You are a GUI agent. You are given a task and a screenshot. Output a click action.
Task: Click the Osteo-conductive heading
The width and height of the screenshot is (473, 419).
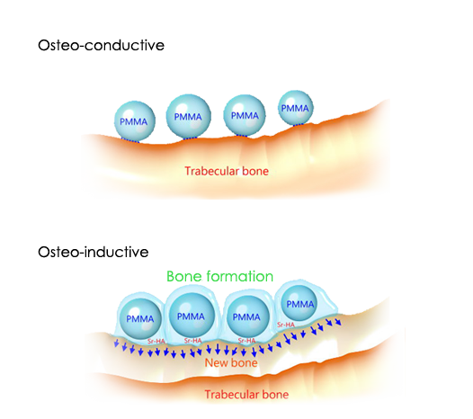coord(101,45)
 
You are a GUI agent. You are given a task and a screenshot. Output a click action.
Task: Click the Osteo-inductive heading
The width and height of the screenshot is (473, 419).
coord(94,252)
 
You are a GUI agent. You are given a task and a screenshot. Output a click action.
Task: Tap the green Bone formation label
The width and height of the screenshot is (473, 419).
coord(219,276)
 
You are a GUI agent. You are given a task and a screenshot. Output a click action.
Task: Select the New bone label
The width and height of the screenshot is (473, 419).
coord(231,362)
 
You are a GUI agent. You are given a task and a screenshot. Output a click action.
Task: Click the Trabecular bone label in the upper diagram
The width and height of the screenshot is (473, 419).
coord(227,171)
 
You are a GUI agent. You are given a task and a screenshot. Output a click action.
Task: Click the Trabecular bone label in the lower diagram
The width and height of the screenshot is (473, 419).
coord(246,394)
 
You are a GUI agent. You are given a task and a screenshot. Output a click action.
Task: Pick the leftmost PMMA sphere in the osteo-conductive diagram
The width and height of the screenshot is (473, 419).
coord(135,121)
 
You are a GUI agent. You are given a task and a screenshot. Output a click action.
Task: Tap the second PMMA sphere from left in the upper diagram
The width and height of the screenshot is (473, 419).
coord(189,116)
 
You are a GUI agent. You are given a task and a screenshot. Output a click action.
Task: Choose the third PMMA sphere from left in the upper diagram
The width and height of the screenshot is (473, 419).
coord(245,115)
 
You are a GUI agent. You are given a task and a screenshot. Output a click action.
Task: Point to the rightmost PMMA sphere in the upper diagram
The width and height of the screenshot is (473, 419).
coord(296,108)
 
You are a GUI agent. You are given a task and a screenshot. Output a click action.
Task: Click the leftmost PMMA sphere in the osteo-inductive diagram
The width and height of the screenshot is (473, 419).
coord(140,318)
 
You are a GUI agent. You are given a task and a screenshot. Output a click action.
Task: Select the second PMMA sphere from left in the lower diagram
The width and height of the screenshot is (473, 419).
coord(191,316)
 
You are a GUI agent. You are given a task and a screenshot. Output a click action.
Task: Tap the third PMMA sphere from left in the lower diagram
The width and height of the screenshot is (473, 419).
coord(246,316)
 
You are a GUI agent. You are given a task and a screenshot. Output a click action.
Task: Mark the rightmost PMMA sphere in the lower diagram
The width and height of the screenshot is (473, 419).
coord(299,304)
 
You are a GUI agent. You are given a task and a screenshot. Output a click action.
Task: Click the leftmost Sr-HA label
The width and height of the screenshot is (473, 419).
coord(156,341)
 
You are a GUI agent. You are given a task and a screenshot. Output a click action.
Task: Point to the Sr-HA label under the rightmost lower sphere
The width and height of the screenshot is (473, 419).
coord(286,325)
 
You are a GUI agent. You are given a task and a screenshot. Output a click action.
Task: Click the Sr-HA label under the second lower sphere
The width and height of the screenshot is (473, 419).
coord(193,341)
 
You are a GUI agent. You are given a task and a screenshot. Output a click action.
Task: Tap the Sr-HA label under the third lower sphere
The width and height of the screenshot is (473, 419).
coord(246,341)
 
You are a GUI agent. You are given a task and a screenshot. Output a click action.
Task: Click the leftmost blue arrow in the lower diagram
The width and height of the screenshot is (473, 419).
coord(116,343)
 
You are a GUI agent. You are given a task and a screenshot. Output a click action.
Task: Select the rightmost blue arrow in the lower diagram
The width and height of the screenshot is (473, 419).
coord(337,322)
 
